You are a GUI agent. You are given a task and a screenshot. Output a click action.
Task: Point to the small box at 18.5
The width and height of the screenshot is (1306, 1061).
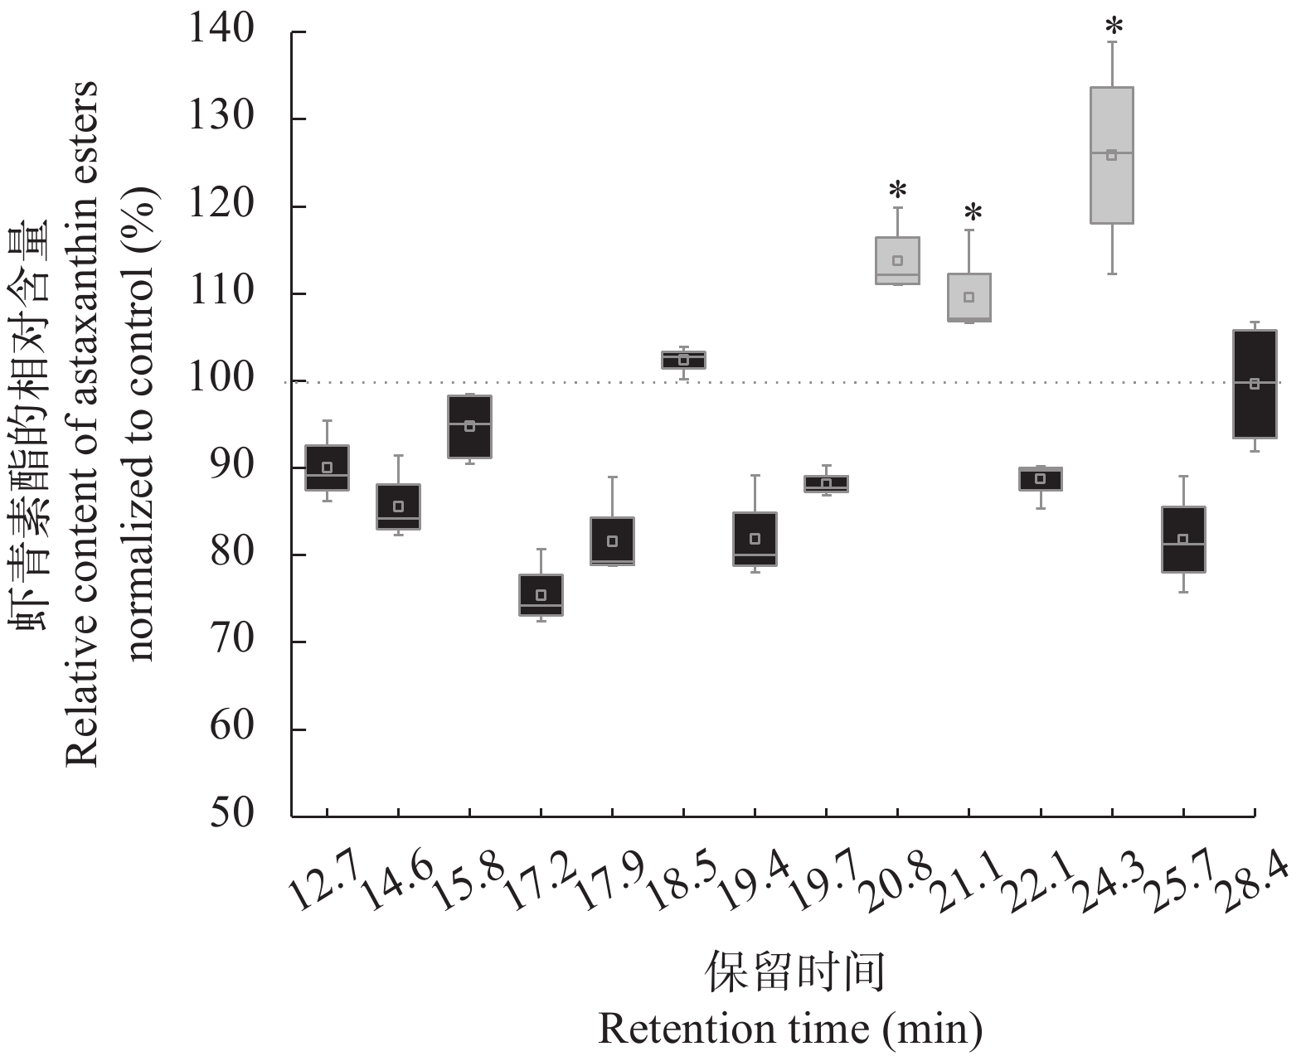click(684, 360)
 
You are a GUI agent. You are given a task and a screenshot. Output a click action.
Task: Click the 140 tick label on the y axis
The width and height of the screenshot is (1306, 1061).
click(221, 31)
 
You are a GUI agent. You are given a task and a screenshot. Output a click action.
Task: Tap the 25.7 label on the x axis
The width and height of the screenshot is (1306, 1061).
click(1178, 884)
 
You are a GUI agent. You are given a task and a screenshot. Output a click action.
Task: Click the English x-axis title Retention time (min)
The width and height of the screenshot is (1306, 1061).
click(789, 1029)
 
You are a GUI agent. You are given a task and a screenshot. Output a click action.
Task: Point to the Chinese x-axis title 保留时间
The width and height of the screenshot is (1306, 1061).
click(794, 972)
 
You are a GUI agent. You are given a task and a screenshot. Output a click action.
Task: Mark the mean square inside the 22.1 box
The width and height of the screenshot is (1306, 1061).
click(1041, 478)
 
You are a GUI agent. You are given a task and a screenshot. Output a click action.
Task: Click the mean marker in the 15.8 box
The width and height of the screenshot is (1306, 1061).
click(469, 426)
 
